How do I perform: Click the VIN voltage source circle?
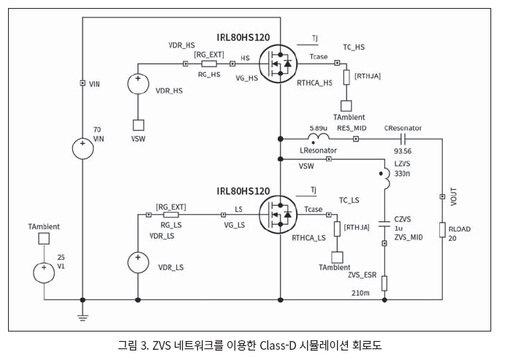click(x=83, y=150)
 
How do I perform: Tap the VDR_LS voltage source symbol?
click(x=137, y=261)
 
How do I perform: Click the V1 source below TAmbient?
click(x=44, y=272)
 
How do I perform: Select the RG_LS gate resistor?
click(x=171, y=215)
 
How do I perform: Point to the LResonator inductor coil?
click(x=318, y=137)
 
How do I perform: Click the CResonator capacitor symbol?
click(x=403, y=137)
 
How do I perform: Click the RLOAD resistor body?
click(x=442, y=231)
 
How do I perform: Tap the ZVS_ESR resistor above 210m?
click(x=384, y=283)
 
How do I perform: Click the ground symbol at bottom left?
click(x=83, y=316)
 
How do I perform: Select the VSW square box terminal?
click(x=137, y=125)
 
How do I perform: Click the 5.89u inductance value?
click(x=319, y=126)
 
